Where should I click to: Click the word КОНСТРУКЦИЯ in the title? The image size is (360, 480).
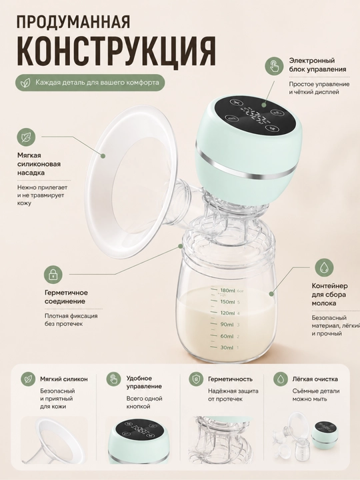click(x=116, y=50)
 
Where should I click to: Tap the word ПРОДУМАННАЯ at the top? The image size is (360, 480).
click(x=73, y=21)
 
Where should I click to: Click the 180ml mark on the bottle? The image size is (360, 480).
click(x=227, y=290)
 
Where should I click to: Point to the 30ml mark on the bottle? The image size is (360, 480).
click(x=227, y=347)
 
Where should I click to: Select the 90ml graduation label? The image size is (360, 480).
click(x=227, y=325)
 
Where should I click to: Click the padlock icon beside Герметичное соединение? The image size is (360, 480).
click(x=53, y=274)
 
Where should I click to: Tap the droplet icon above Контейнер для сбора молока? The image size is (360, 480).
click(x=324, y=267)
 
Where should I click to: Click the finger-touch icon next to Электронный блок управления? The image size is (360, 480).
click(x=274, y=65)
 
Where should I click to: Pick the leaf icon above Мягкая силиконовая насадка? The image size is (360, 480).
click(x=26, y=137)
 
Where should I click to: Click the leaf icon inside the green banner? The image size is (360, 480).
click(x=25, y=83)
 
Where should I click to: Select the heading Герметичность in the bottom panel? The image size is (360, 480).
click(x=230, y=379)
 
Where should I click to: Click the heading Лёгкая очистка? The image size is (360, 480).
click(x=315, y=379)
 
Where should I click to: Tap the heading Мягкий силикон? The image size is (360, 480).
click(x=64, y=379)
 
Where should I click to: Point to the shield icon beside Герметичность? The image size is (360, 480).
click(x=195, y=379)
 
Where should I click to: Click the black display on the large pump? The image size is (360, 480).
click(x=254, y=115)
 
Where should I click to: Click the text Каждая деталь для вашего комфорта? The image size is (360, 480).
click(x=97, y=83)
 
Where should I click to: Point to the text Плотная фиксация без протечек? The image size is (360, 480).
click(x=71, y=320)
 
